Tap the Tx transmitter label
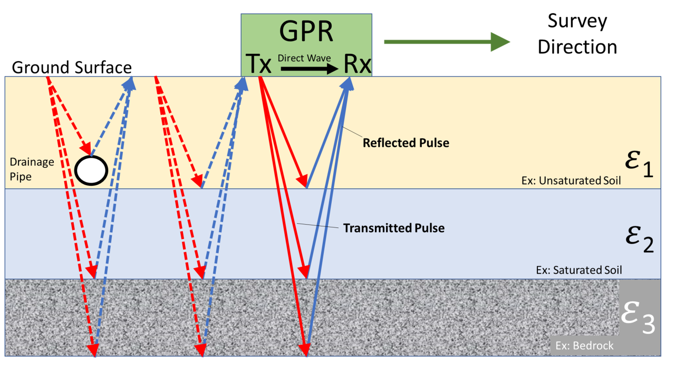(x=258, y=64)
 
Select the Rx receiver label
(x=357, y=64)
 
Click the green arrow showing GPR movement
(x=447, y=42)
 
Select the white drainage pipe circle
(x=91, y=170)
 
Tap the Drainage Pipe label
(x=32, y=169)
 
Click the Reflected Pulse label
(x=406, y=142)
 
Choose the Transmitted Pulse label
(x=393, y=228)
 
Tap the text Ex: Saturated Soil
(x=578, y=270)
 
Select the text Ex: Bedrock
(x=584, y=346)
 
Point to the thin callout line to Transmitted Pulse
(x=316, y=226)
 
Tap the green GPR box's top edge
(x=306, y=14)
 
